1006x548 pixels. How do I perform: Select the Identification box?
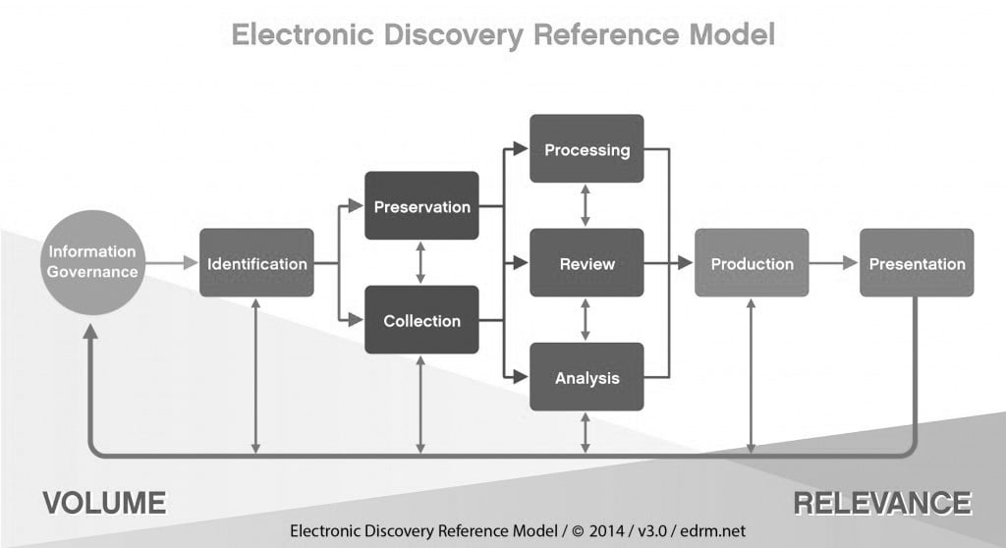[x=256, y=263]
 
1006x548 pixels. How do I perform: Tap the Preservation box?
[x=421, y=206]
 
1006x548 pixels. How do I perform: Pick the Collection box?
[x=421, y=320]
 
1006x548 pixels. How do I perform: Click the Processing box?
[x=587, y=149]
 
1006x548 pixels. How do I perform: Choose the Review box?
[x=587, y=263]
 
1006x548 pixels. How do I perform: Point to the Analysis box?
[x=587, y=377]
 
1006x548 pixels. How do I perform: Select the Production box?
[x=752, y=263]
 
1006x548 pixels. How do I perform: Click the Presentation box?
[x=917, y=263]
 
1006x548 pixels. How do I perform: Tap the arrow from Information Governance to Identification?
[x=173, y=263]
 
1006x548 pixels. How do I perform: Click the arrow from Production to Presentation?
[x=834, y=263]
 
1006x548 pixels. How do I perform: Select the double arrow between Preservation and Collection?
[x=421, y=263]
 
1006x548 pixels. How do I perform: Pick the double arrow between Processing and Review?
[x=587, y=206]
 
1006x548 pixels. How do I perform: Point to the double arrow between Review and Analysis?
[x=587, y=320]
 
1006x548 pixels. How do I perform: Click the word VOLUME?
[x=104, y=503]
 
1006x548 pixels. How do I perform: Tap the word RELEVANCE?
[x=881, y=503]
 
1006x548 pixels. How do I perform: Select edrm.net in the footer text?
[x=709, y=531]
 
